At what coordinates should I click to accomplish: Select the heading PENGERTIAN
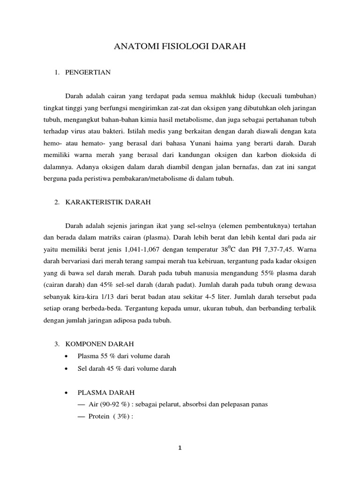(88, 72)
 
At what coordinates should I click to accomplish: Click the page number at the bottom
(180, 448)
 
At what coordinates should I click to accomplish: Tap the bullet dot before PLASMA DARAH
(68, 392)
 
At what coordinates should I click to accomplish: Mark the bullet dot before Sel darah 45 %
(68, 369)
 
